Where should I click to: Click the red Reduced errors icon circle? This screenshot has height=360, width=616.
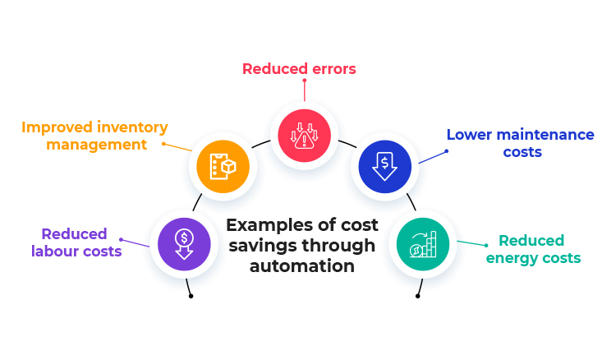pyautogui.click(x=304, y=135)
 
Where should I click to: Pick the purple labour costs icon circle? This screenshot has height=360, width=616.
pyautogui.click(x=185, y=243)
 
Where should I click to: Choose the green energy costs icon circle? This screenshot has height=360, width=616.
pyautogui.click(x=422, y=243)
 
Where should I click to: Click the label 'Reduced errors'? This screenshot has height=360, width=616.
pyautogui.click(x=299, y=69)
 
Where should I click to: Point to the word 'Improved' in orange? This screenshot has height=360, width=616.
pyautogui.click(x=54, y=127)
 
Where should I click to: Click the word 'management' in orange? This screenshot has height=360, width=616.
pyautogui.click(x=96, y=145)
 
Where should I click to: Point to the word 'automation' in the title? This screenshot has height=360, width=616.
pyautogui.click(x=302, y=266)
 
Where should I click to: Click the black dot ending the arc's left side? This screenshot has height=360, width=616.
pyautogui.click(x=191, y=295)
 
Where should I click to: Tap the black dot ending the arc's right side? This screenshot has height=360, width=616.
pyautogui.click(x=417, y=295)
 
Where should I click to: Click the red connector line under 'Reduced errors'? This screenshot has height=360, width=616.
pyautogui.click(x=304, y=90)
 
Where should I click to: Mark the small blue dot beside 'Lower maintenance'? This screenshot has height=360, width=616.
pyautogui.click(x=447, y=150)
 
